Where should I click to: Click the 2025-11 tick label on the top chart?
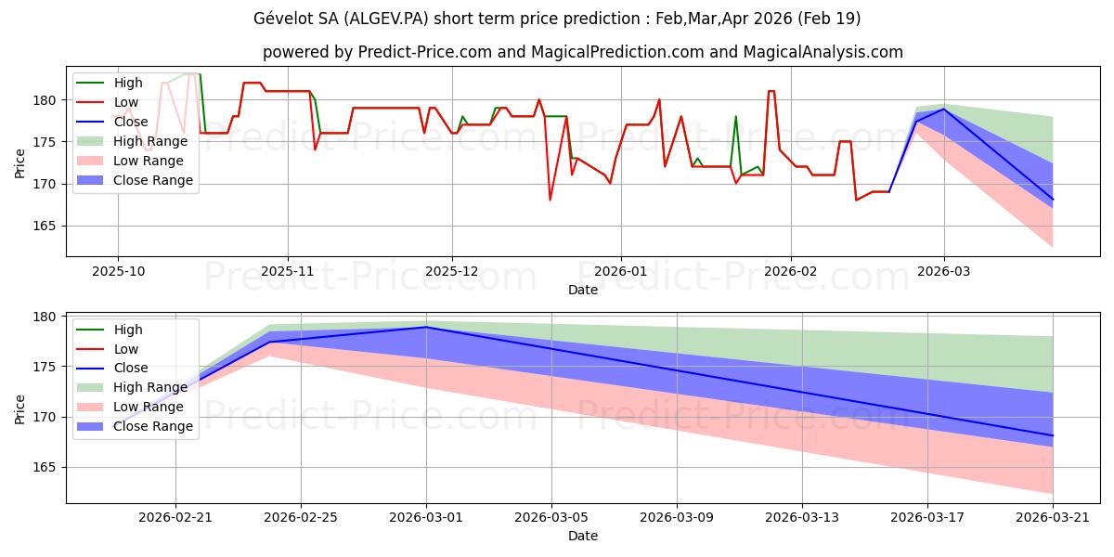click(x=288, y=271)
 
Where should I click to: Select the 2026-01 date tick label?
click(x=621, y=271)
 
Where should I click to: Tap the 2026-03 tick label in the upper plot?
click(x=943, y=271)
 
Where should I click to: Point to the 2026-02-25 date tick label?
click(x=301, y=518)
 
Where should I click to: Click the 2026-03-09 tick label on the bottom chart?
click(x=677, y=518)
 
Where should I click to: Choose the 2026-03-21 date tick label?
click(x=1053, y=518)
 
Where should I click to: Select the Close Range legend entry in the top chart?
click(x=135, y=180)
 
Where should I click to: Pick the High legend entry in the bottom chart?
click(x=110, y=330)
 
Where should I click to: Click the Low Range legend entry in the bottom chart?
click(x=130, y=407)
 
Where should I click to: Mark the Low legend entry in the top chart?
click(x=107, y=102)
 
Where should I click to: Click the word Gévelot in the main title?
click(x=280, y=19)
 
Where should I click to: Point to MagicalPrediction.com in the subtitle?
click(x=617, y=52)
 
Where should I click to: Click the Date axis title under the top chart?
click(x=583, y=290)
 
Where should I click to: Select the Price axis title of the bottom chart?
click(x=19, y=409)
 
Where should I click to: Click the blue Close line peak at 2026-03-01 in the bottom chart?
click(x=426, y=327)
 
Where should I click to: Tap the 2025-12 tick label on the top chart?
click(x=451, y=271)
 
